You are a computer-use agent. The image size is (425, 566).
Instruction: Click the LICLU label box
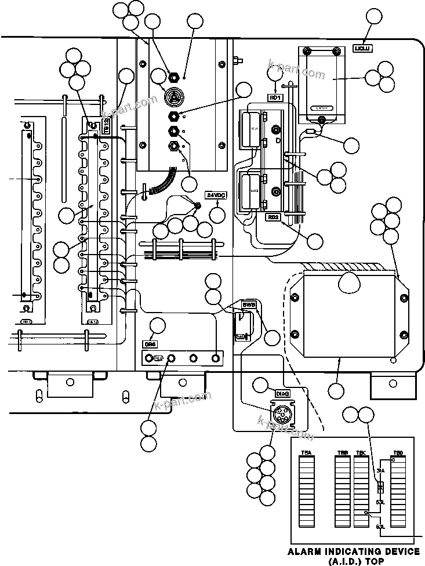(x=363, y=49)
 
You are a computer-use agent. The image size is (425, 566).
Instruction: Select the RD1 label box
(x=275, y=97)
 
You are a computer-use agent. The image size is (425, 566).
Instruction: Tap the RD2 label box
(x=273, y=217)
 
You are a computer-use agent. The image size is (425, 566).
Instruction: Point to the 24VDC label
(x=216, y=195)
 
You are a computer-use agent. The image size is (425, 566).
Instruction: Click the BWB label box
(x=249, y=304)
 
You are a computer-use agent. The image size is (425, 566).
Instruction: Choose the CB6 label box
(x=150, y=343)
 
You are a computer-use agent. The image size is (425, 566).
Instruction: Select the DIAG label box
(x=282, y=394)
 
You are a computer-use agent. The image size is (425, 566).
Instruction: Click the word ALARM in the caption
(x=310, y=551)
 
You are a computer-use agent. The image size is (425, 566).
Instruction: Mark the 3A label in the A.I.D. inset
(x=380, y=470)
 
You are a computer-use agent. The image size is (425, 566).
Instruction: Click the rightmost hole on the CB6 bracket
(x=216, y=358)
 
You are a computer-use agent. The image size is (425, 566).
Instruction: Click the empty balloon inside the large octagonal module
(x=350, y=282)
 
